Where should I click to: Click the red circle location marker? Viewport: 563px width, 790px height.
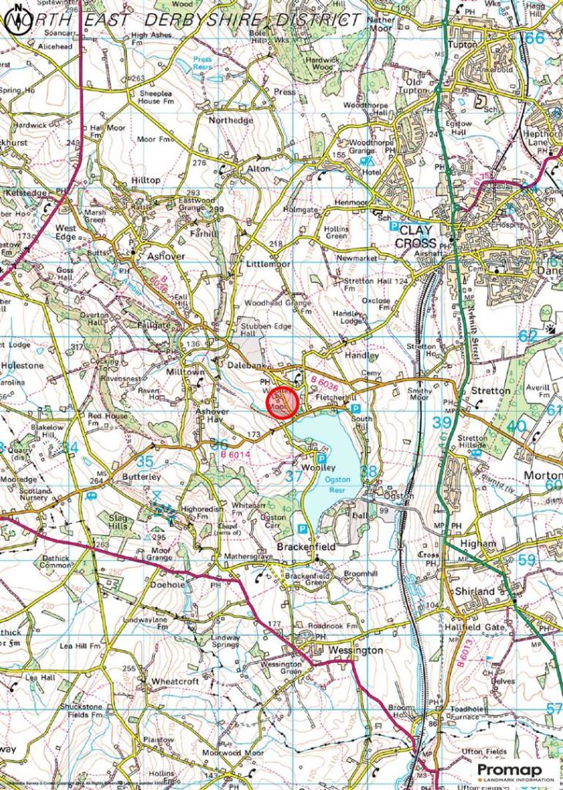click(x=283, y=403)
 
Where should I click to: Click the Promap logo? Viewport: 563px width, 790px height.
click(x=510, y=771)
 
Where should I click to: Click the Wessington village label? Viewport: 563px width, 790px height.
click(x=355, y=650)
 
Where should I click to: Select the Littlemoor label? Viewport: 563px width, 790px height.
click(x=268, y=263)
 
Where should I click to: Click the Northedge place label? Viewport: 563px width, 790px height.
click(x=230, y=121)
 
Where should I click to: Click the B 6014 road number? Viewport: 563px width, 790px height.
click(x=236, y=457)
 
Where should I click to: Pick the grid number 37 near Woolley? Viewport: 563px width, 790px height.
click(x=294, y=477)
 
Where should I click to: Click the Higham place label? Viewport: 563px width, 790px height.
click(x=478, y=543)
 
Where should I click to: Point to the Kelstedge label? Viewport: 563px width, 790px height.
click(x=26, y=191)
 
